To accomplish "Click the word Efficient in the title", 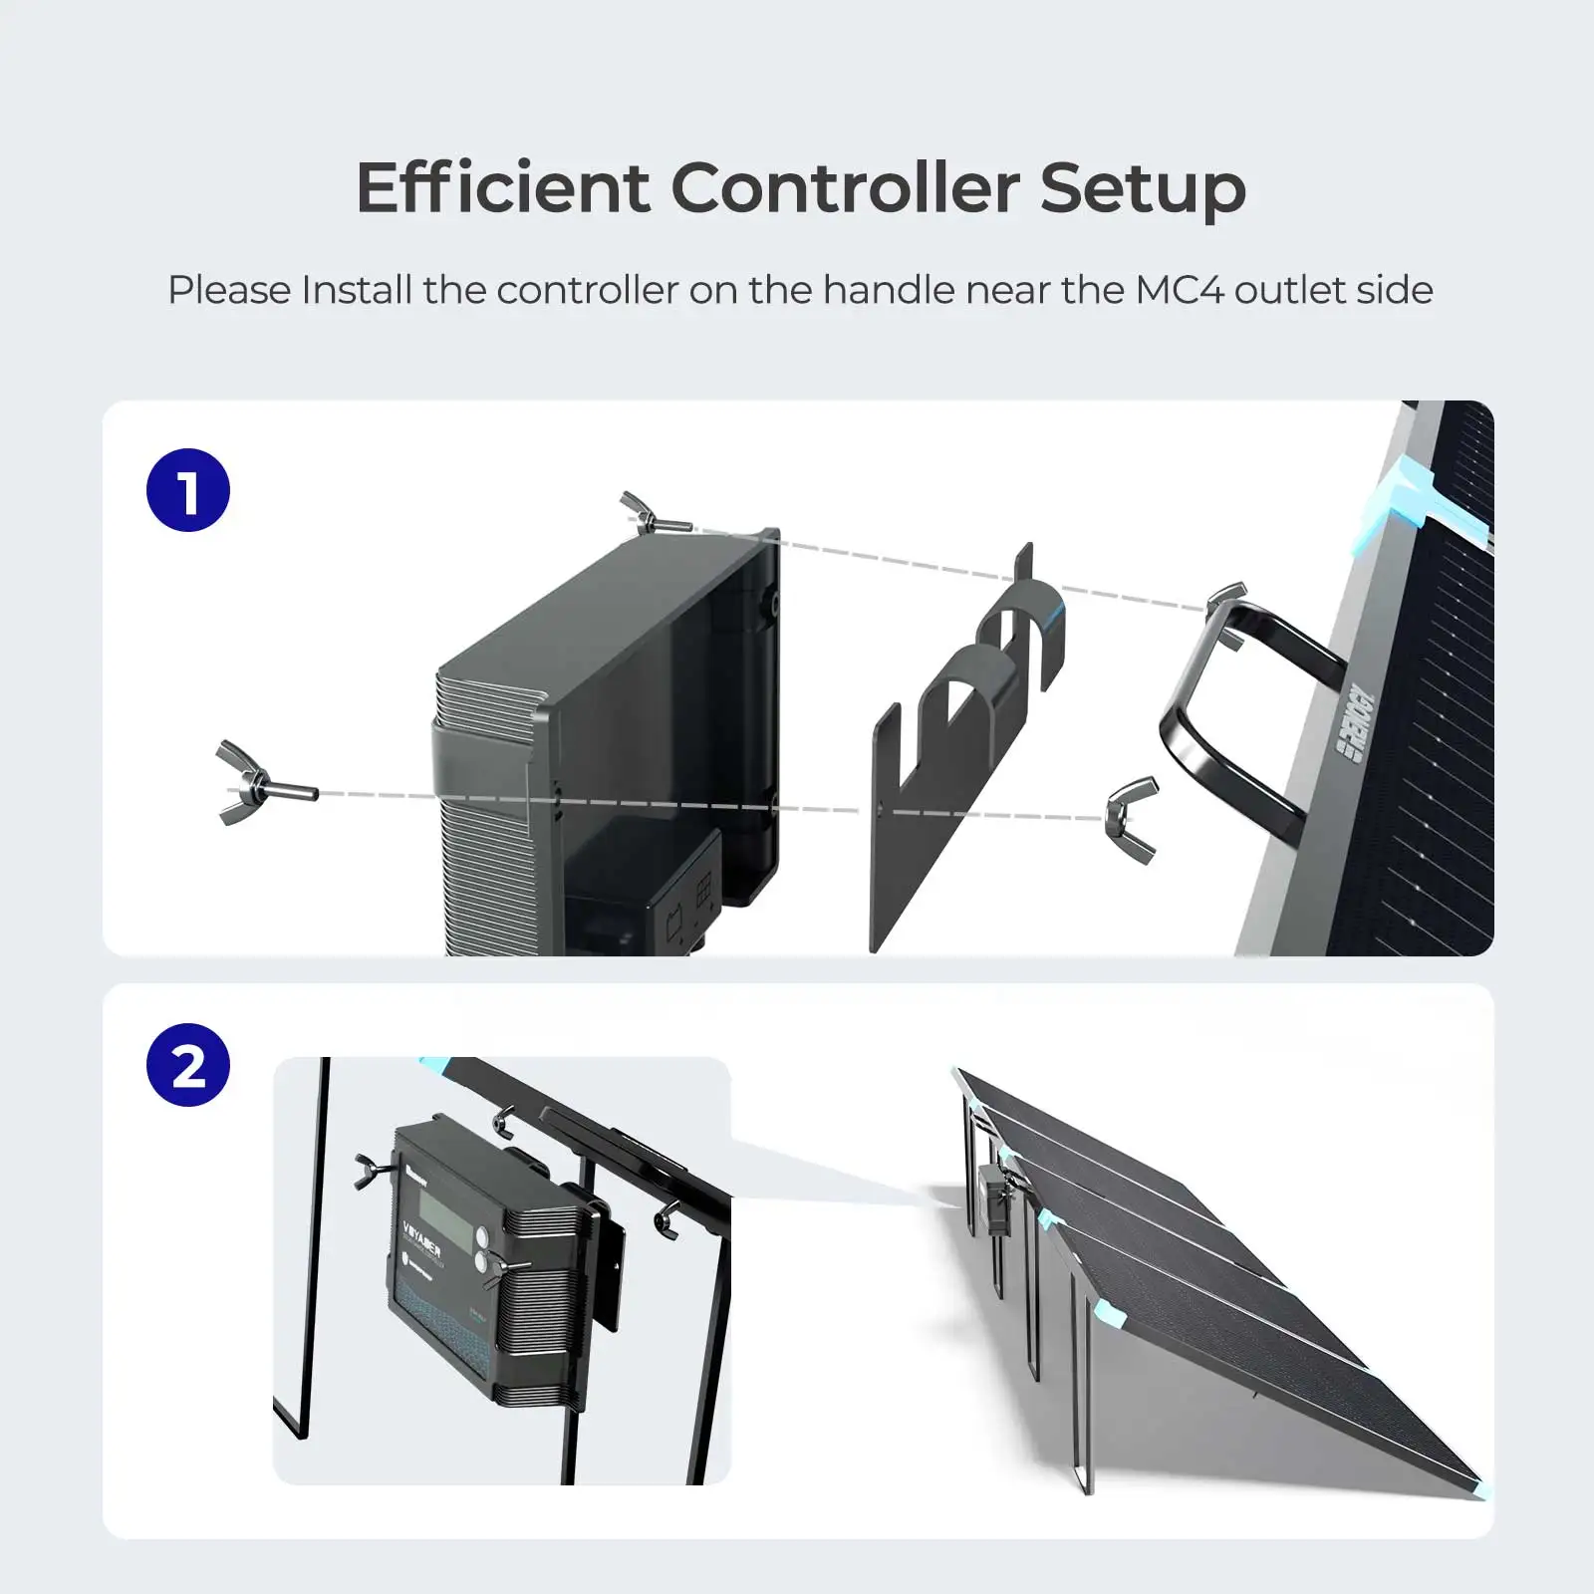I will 502,188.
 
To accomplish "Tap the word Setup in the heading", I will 1143,188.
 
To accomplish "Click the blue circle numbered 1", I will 188,490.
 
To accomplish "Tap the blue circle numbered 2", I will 188,1065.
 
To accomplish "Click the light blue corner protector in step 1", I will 1400,498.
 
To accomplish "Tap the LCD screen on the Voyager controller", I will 445,1219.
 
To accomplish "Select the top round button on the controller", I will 485,1236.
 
